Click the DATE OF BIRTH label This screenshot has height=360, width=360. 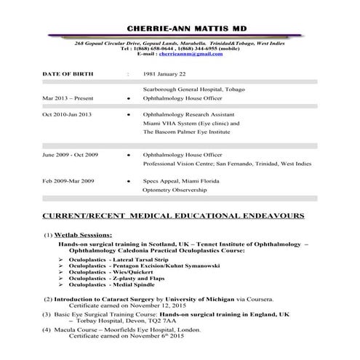pyautogui.click(x=70, y=73)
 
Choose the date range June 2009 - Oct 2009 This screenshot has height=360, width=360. pyautogui.click(x=71, y=155)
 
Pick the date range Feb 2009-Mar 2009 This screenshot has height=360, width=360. pyautogui.click(x=68, y=180)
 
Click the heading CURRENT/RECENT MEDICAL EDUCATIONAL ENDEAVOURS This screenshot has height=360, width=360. pyautogui.click(x=175, y=216)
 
